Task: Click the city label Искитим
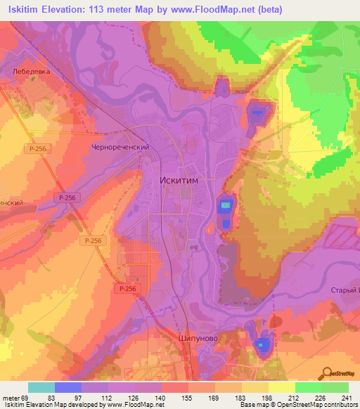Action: (180, 180)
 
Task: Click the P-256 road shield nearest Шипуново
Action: (127, 289)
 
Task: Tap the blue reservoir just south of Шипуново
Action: (262, 344)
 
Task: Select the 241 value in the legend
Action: (347, 398)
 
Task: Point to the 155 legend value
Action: (186, 398)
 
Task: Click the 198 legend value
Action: (266, 398)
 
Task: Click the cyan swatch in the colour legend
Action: (41, 387)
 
